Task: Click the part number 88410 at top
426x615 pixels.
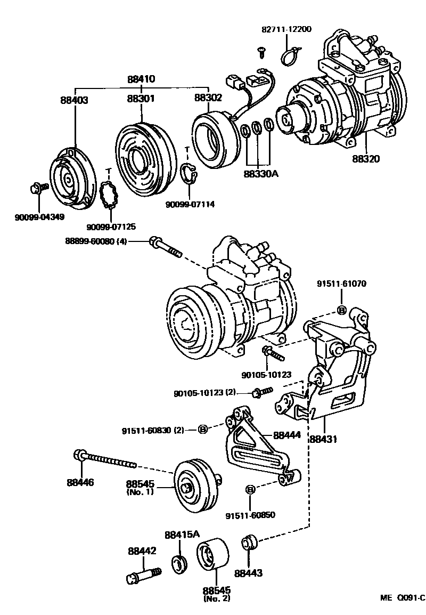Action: coord(141,79)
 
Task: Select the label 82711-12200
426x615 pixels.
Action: coord(286,29)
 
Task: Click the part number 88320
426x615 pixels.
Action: coord(365,159)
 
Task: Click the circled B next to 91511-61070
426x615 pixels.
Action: coord(342,310)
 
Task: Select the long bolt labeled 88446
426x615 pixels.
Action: coord(106,459)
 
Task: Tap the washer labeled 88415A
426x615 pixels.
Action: coord(180,564)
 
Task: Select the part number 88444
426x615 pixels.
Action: coord(287,435)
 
